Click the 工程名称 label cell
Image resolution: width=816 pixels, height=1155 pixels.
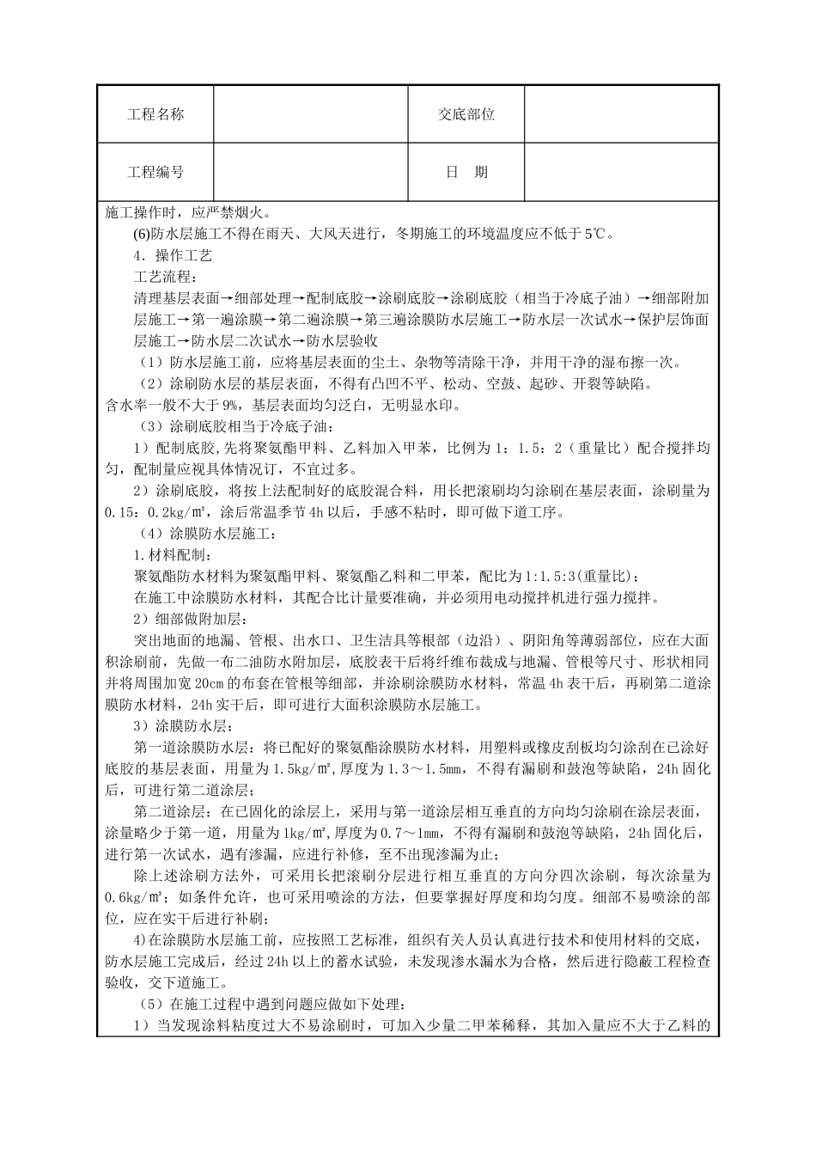coord(155,114)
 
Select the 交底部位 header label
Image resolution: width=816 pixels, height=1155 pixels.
coord(466,114)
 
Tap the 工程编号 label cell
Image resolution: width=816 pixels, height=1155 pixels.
coord(155,172)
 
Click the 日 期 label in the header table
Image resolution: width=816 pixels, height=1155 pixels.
coord(466,172)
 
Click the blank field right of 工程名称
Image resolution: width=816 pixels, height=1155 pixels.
coord(310,114)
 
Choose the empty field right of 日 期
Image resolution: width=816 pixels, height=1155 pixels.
coord(620,172)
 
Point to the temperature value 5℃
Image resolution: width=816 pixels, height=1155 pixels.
coord(595,233)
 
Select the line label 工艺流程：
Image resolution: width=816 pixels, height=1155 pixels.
coord(166,277)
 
